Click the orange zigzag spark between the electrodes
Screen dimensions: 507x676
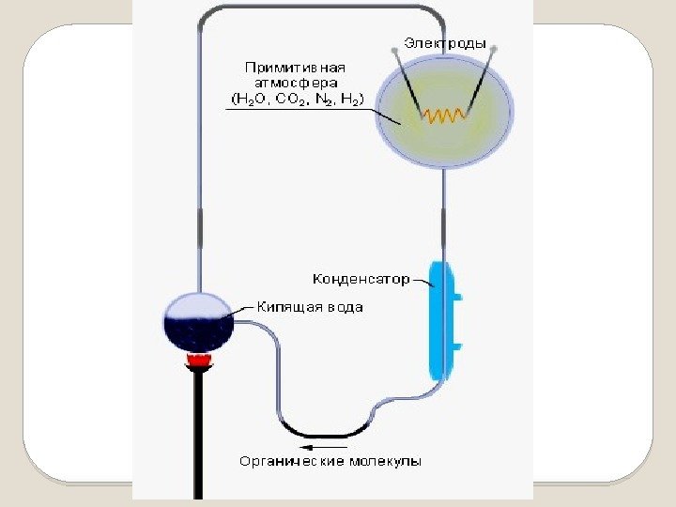(x=443, y=115)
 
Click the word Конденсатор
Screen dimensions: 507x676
(x=361, y=279)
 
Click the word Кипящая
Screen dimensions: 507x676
(x=287, y=307)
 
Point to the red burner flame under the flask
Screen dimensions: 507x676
(x=198, y=360)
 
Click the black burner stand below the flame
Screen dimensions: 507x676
(x=199, y=432)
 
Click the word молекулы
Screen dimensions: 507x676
(x=385, y=461)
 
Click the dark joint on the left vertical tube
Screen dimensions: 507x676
(x=199, y=228)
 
